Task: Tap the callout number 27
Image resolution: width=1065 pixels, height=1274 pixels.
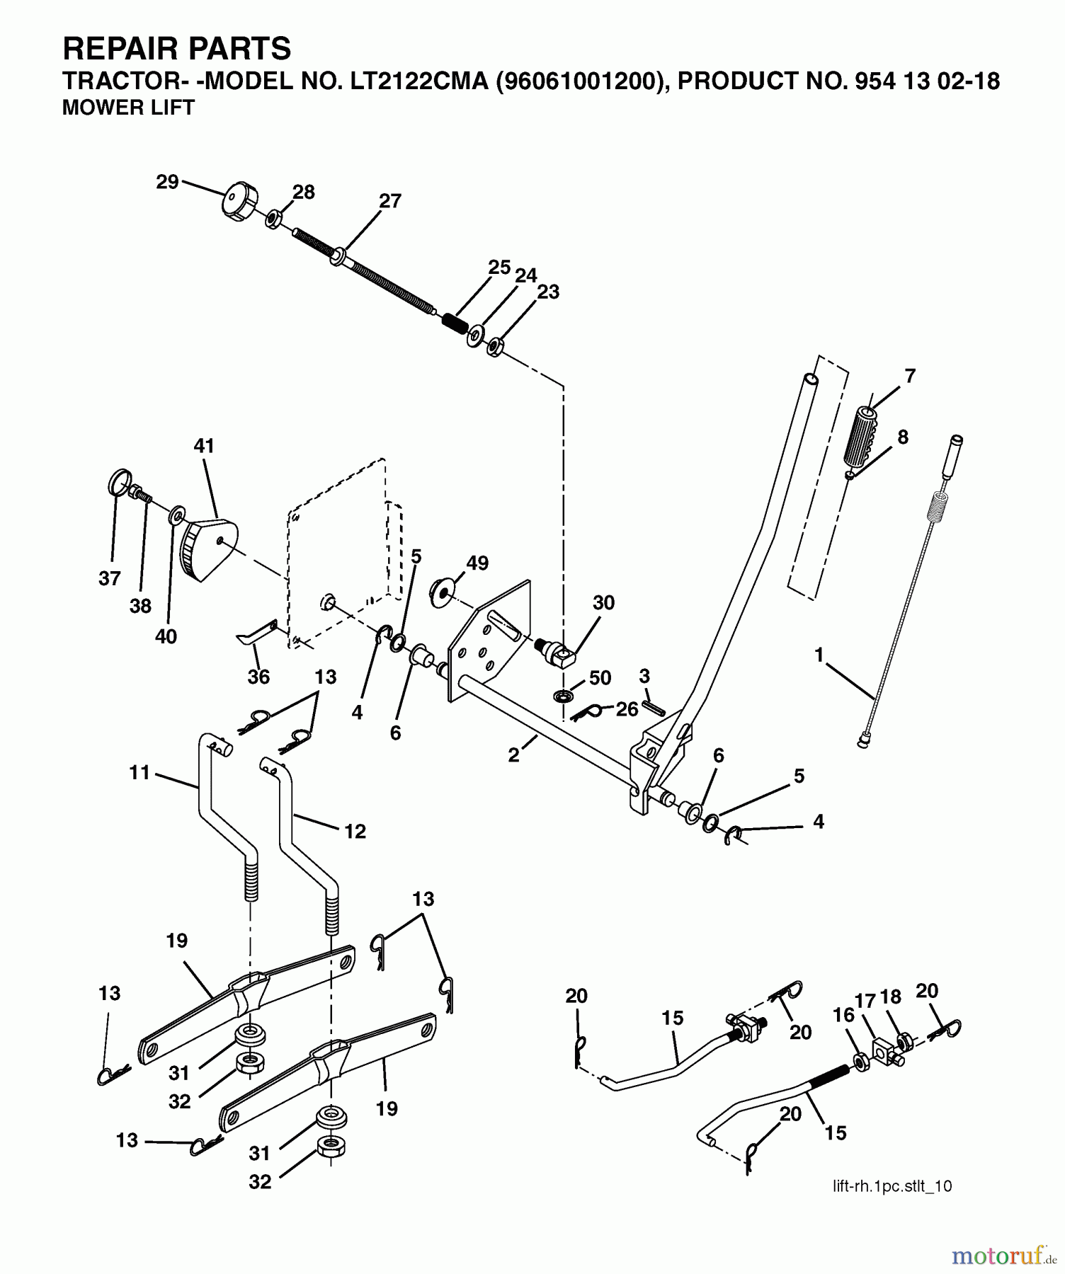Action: pos(390,201)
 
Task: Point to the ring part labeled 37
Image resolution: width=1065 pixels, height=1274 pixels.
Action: pos(120,483)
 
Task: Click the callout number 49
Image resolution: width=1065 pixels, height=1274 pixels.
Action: pos(477,563)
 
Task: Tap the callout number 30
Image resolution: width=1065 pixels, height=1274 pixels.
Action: pos(603,603)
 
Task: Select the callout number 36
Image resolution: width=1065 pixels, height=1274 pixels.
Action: pos(258,677)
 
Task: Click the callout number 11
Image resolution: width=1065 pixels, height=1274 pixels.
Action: pos(140,772)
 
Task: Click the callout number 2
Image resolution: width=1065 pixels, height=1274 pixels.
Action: pos(513,755)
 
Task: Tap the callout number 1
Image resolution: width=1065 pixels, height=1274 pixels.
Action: pos(819,655)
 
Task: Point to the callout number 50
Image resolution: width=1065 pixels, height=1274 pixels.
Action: pos(600,677)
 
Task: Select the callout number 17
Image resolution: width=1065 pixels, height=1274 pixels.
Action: pos(865,1002)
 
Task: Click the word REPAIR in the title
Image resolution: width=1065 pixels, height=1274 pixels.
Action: pos(117,49)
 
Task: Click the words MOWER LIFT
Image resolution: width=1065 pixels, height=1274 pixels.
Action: pos(128,108)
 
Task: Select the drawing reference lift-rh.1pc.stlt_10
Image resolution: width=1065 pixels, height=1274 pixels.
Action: pos(892,1187)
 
